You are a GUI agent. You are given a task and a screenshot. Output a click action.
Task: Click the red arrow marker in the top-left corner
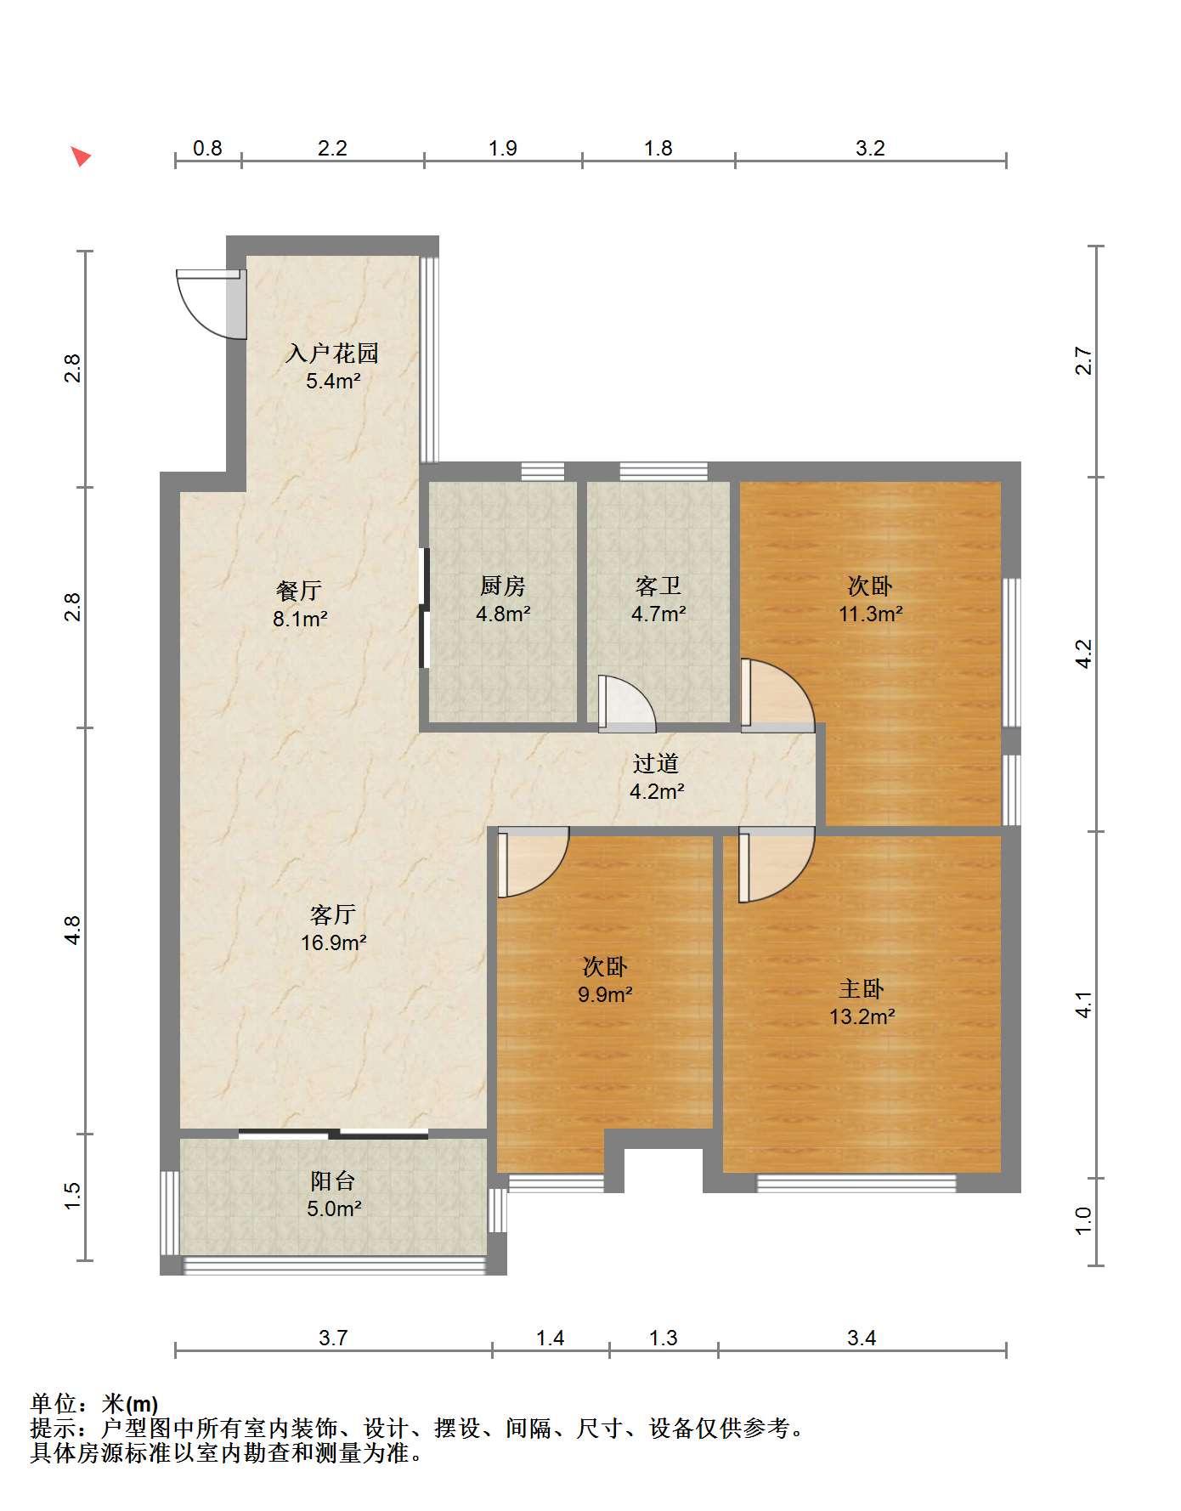click(x=81, y=156)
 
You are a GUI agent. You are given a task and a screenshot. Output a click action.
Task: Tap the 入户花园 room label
click(x=332, y=353)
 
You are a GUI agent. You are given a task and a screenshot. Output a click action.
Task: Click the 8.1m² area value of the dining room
click(x=300, y=619)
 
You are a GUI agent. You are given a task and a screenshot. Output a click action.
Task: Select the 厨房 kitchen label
click(x=503, y=586)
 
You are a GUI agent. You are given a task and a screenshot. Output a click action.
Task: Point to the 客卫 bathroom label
click(x=658, y=586)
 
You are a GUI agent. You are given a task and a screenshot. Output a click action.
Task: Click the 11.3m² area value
click(x=870, y=614)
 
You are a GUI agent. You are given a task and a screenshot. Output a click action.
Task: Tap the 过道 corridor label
click(x=656, y=763)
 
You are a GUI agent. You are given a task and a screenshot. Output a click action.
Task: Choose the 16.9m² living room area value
click(x=333, y=942)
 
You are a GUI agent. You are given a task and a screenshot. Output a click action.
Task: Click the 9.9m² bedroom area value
click(x=605, y=994)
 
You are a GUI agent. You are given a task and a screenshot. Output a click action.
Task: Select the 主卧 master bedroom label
click(x=862, y=988)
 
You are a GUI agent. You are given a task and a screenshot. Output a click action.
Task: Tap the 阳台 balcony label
click(x=332, y=1180)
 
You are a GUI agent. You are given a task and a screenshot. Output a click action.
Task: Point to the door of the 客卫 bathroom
click(x=627, y=704)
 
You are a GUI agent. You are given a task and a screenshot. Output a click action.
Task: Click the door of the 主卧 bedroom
click(x=776, y=864)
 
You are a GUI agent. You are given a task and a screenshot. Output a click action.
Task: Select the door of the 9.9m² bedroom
click(x=533, y=862)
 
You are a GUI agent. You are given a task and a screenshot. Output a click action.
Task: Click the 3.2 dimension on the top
click(x=870, y=149)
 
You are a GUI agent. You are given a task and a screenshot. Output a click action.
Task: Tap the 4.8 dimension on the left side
click(x=74, y=930)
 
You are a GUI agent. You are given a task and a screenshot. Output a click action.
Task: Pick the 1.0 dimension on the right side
click(x=1083, y=1221)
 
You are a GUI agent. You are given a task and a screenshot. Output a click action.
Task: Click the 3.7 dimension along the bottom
click(x=333, y=1338)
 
